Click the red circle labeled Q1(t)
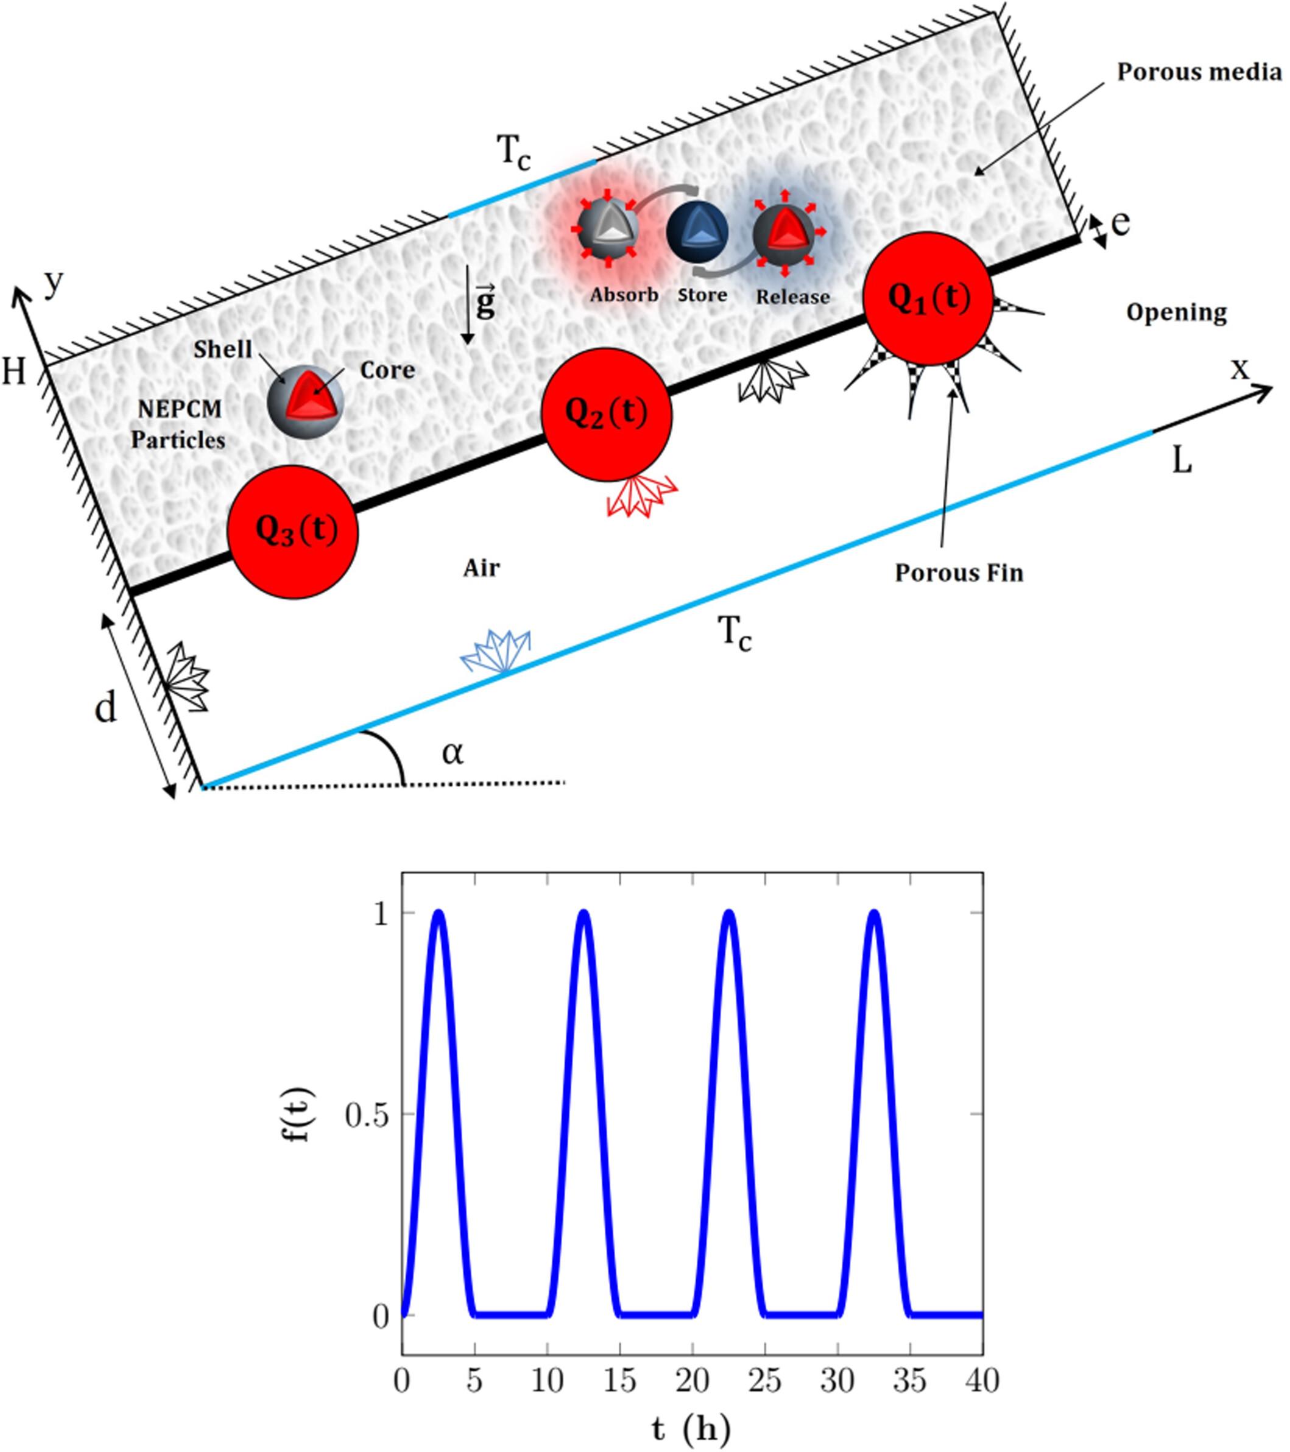(x=927, y=299)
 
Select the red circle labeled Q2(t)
(x=606, y=414)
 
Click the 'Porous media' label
(x=1199, y=72)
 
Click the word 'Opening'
(x=1176, y=312)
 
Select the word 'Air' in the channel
(x=481, y=568)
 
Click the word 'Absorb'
(x=624, y=295)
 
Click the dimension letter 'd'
(x=105, y=708)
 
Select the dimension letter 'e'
(x=1120, y=223)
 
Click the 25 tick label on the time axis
(x=764, y=1381)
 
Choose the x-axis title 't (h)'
(x=691, y=1429)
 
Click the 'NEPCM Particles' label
(x=178, y=425)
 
